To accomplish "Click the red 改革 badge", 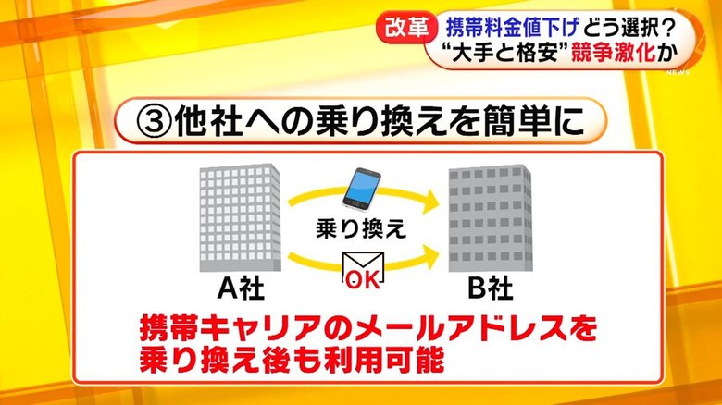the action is point(404,29).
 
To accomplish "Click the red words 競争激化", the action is point(613,54).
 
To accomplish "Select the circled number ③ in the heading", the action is point(155,122).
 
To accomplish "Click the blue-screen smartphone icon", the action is point(362,188).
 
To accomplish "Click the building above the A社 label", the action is point(240,218).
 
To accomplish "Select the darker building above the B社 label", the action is point(491,218).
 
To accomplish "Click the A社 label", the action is point(241,289).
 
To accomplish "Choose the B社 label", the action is point(490,289).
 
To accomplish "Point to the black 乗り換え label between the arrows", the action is point(361,228).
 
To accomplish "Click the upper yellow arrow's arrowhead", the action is point(430,201).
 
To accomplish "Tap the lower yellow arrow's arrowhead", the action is point(430,257).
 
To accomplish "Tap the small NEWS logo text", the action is point(678,72).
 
